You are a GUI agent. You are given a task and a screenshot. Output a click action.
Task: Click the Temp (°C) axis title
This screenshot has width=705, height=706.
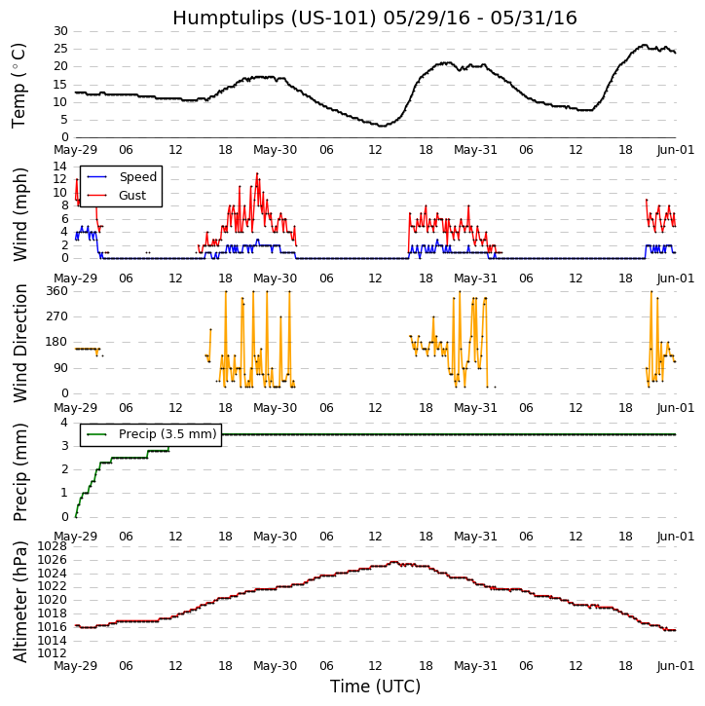tap(19, 85)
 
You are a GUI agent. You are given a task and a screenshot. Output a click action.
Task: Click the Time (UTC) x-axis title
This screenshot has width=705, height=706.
tap(375, 687)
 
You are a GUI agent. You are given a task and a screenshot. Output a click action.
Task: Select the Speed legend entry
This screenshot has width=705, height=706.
tap(137, 177)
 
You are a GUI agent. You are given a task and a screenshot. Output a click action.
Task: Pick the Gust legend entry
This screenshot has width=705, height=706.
tap(132, 196)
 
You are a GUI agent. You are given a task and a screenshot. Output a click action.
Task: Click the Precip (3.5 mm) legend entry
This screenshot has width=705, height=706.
tap(167, 434)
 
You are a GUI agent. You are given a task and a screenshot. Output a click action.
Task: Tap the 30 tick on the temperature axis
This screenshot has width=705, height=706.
tap(60, 31)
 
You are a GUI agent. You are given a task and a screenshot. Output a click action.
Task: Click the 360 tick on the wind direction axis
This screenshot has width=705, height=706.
tap(56, 291)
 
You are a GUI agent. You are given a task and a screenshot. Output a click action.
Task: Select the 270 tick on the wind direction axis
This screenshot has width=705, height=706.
tap(56, 316)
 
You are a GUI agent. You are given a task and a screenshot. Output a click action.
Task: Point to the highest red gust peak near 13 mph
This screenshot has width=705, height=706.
tap(257, 173)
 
